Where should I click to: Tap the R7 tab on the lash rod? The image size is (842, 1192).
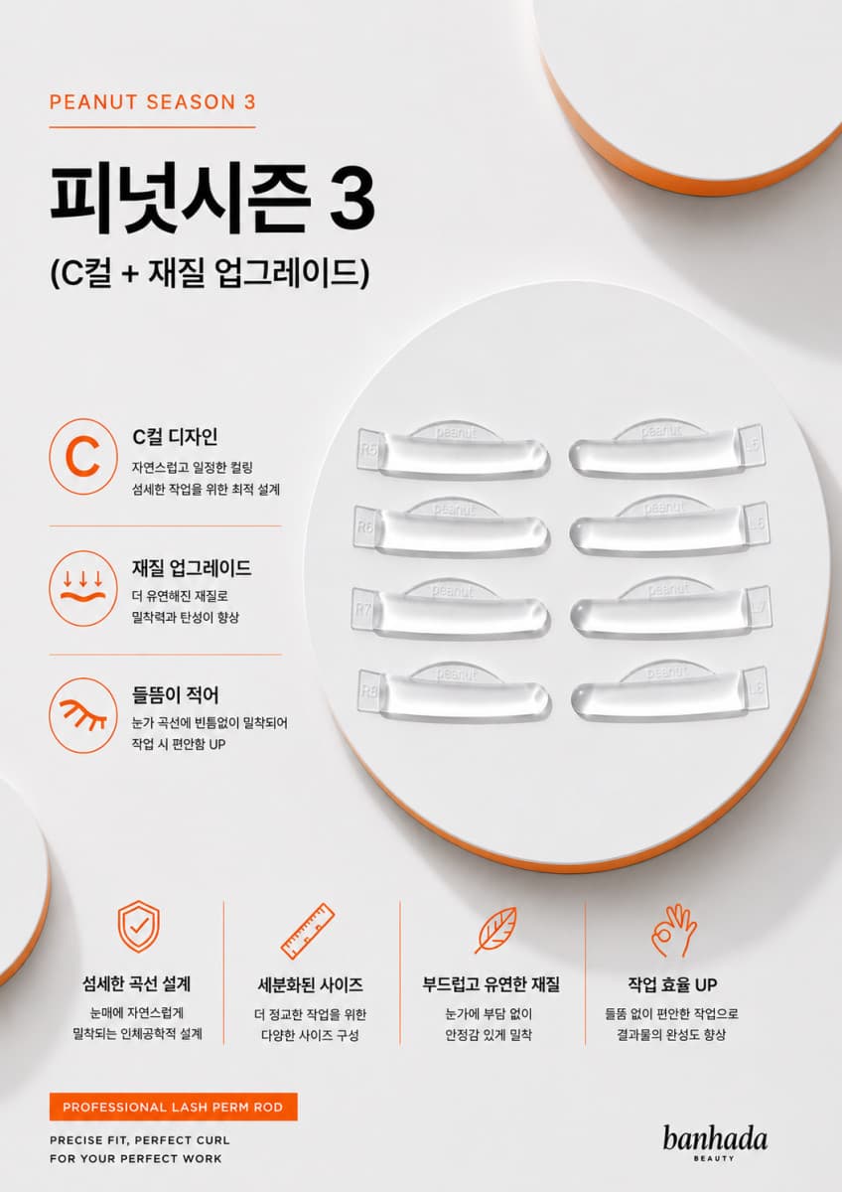point(363,609)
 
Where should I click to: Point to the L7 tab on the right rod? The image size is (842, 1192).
point(761,606)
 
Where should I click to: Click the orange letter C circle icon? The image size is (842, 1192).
point(83,457)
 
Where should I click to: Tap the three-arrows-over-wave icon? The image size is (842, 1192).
point(83,588)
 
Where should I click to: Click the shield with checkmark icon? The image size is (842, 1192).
point(138,927)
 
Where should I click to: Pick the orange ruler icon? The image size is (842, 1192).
point(308,931)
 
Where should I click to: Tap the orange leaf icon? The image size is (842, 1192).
point(495,930)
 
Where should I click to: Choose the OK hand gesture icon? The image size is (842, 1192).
point(674,929)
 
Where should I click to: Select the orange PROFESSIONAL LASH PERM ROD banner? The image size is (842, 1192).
point(174,1107)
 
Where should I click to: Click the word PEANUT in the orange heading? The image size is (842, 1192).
point(93,102)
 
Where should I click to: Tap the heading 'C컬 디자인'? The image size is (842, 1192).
point(175,437)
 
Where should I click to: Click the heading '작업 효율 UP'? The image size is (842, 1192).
point(672,984)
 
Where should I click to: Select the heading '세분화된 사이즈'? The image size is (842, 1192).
point(310,984)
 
